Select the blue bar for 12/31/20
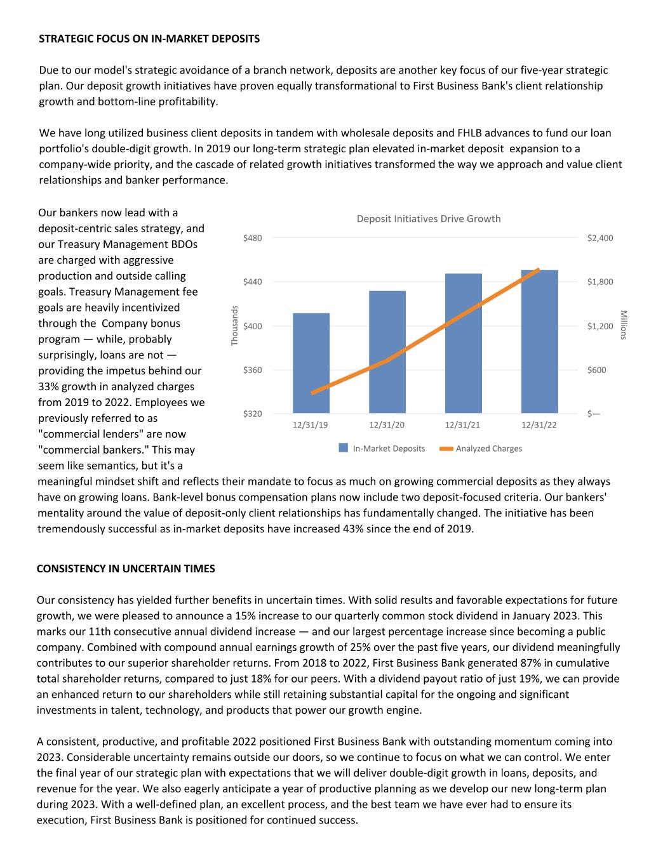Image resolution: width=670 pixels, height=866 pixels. coord(387,352)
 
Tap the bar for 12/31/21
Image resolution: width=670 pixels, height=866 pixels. coord(464,343)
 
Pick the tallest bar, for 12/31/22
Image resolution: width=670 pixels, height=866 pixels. coord(540,341)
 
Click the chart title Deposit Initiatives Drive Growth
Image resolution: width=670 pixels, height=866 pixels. coord(429,219)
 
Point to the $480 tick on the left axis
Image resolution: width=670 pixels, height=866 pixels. coord(252,238)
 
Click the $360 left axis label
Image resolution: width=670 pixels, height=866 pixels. coord(252,370)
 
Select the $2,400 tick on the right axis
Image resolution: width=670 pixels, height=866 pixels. coord(600,238)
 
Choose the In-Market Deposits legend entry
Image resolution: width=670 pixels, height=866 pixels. coord(382,449)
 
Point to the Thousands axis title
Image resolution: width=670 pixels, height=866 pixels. coord(234,325)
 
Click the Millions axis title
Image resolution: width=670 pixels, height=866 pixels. coord(624,325)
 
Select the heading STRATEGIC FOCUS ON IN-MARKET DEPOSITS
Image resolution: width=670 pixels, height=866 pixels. coord(149,39)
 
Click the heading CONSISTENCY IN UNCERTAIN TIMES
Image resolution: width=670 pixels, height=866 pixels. coord(126,568)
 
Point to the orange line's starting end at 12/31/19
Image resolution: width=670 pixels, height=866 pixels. coord(312,393)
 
